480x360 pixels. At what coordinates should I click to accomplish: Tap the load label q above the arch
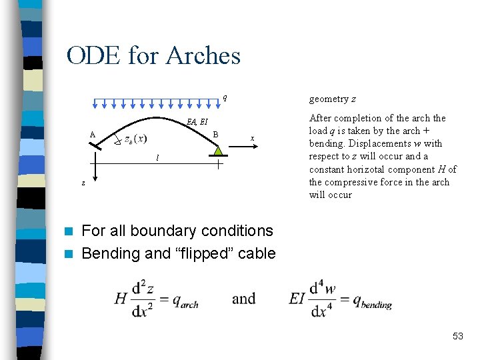coord(225,97)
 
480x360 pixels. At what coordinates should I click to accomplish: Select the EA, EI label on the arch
coord(197,121)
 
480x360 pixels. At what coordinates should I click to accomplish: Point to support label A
coord(93,134)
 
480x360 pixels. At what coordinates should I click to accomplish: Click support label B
coord(215,134)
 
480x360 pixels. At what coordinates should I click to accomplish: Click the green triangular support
coord(218,150)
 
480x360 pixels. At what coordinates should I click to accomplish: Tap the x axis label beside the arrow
coord(252,138)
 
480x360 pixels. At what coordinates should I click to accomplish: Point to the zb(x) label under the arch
coord(135,139)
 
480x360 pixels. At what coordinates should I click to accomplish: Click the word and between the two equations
coord(243,299)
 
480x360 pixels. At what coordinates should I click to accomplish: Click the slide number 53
coord(457,336)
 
